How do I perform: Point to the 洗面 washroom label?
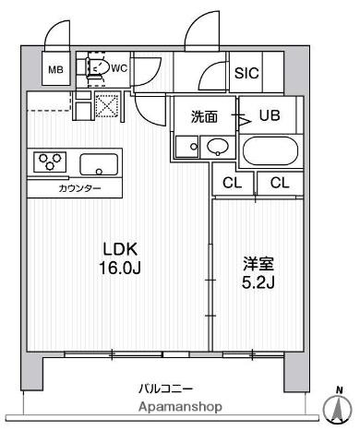pos(204,117)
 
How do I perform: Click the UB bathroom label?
pos(269,116)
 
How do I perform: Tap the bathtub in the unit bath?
pos(269,150)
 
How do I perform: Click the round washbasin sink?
pos(218,146)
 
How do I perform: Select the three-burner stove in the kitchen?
pos(50,162)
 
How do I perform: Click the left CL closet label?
pos(232,182)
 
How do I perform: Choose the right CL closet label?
pos(280,182)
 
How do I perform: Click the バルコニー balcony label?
pos(165,389)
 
